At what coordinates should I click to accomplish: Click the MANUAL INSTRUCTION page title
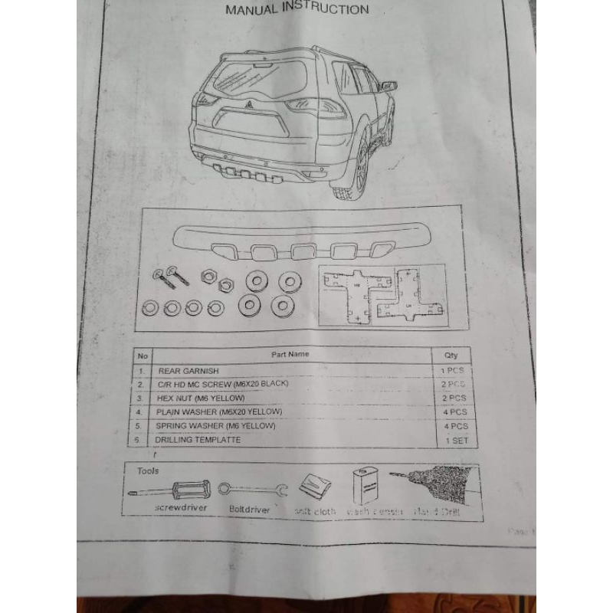point(297,10)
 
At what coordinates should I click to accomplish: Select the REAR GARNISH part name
point(183,369)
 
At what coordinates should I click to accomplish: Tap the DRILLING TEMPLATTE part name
point(198,440)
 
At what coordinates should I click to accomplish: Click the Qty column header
point(450,355)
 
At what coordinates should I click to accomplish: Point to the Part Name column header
point(290,355)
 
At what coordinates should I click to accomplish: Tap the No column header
point(142,356)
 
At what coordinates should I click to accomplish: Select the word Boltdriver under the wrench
point(249,507)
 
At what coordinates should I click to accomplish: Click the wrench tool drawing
point(252,488)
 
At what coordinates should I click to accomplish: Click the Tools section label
point(149,470)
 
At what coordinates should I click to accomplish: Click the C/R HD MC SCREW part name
point(222,383)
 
